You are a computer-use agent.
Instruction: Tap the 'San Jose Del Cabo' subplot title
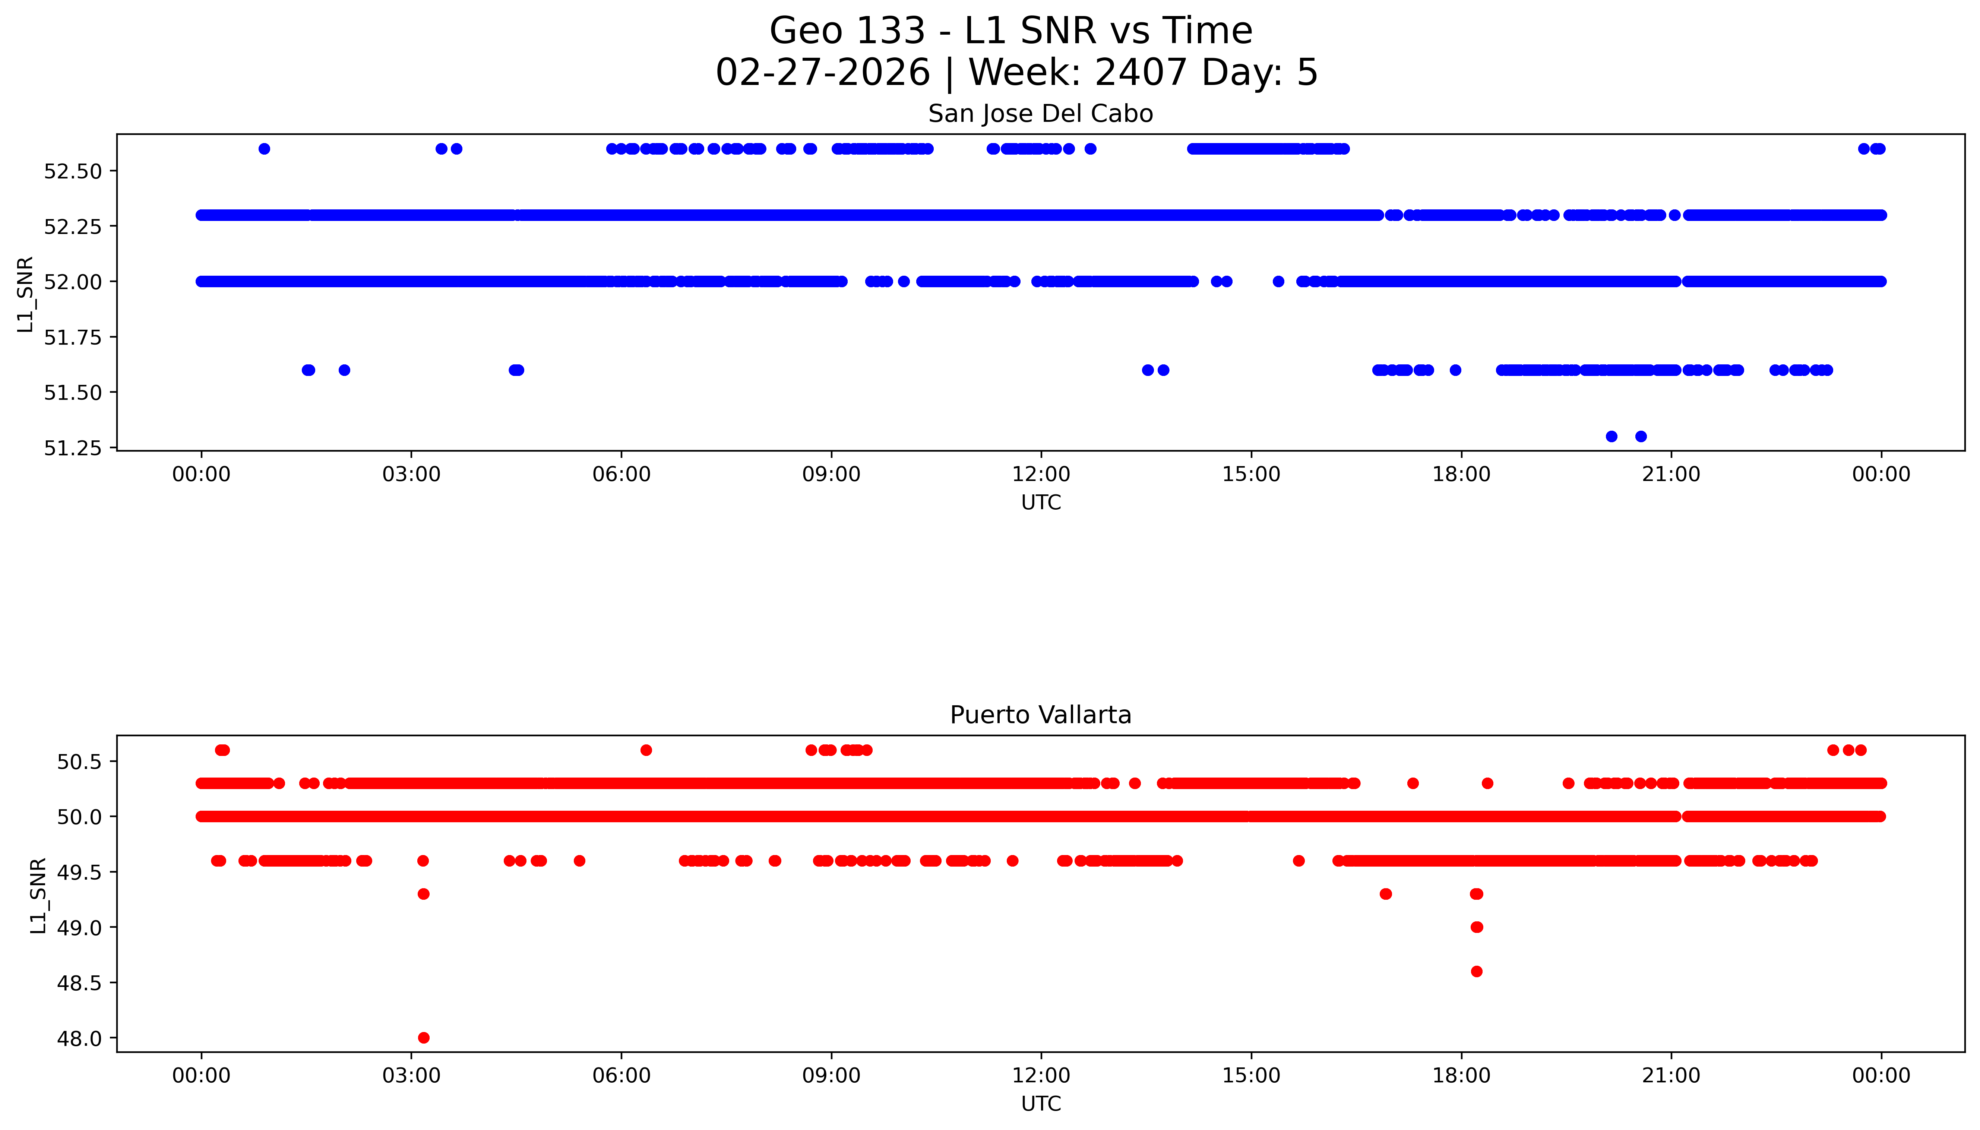pyautogui.click(x=1040, y=114)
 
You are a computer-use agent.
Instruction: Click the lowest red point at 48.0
pyautogui.click(x=423, y=1038)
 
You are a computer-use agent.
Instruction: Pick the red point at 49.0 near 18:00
pyautogui.click(x=1476, y=927)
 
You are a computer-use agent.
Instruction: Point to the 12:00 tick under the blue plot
pyautogui.click(x=1041, y=474)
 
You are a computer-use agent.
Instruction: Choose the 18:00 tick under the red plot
pyautogui.click(x=1461, y=1076)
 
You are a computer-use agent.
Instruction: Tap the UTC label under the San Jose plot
pyautogui.click(x=1041, y=503)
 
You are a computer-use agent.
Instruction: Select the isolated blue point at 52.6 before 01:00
pyautogui.click(x=264, y=149)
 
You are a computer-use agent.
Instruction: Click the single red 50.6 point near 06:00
pyautogui.click(x=646, y=750)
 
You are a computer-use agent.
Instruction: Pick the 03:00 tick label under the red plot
pyautogui.click(x=411, y=1076)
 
